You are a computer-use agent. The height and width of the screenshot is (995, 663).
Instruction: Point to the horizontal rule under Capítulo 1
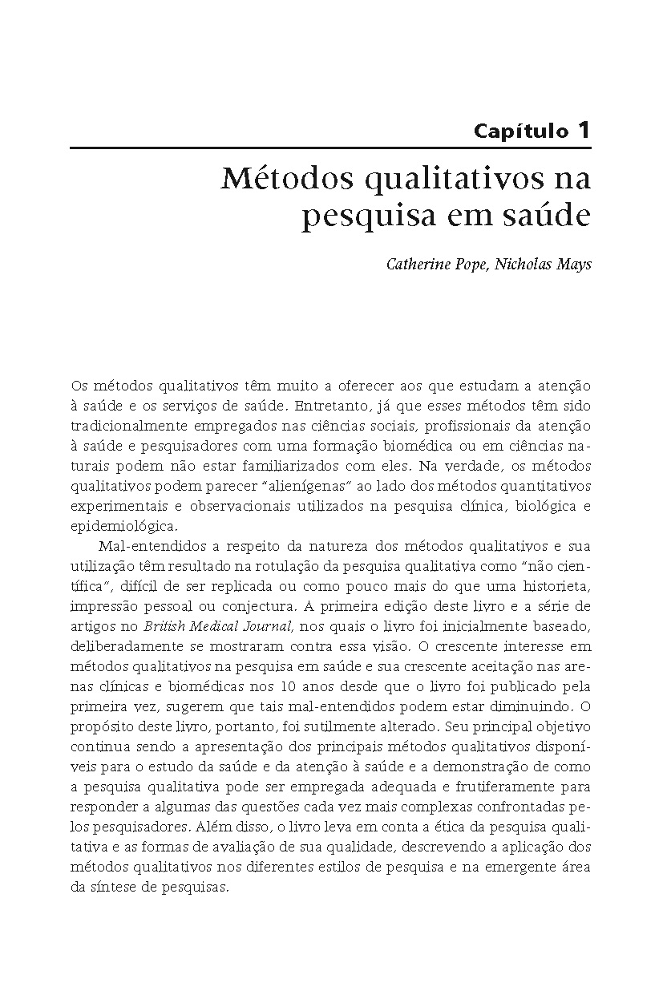[x=330, y=148]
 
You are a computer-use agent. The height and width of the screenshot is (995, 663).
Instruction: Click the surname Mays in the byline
[x=574, y=264]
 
